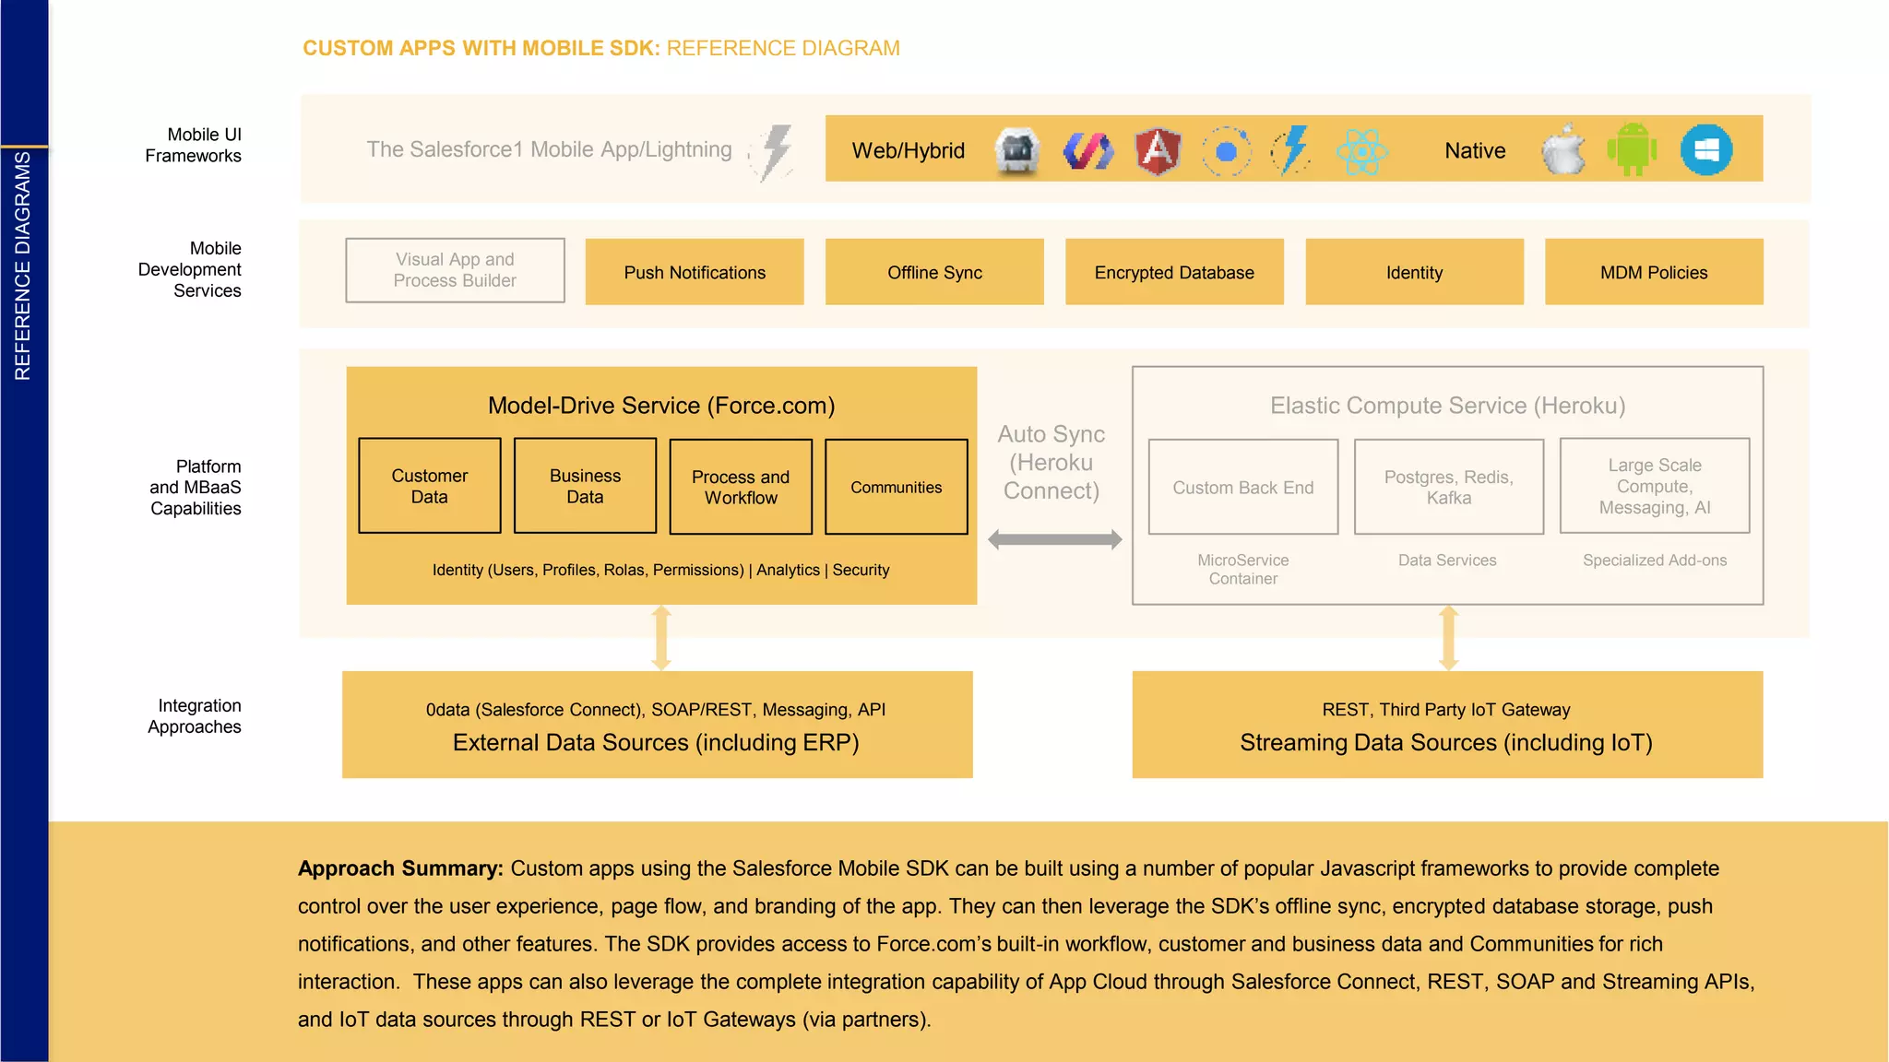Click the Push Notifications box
695,272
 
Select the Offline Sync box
934,272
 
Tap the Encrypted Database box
1174,272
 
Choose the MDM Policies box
1654,272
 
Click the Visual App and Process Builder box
455,270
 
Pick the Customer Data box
430,486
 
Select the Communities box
897,487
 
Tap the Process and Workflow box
741,487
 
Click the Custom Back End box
1243,487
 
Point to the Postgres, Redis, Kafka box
1449,487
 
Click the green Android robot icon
1632,149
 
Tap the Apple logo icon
1563,149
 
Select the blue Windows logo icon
1706,149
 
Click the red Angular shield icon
1158,150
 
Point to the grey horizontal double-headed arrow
1055,539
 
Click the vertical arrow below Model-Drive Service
661,638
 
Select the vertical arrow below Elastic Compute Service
1448,638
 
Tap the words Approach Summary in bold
400,868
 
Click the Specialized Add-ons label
1655,560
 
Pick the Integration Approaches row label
195,716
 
